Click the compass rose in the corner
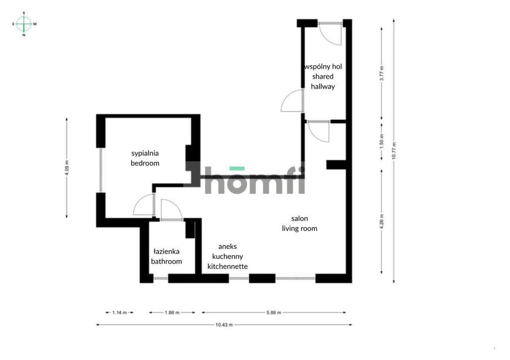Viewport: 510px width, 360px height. click(x=24, y=24)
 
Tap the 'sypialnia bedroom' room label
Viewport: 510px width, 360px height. click(x=145, y=158)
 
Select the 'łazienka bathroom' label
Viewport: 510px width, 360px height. click(x=166, y=256)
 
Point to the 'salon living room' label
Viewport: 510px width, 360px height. click(x=299, y=224)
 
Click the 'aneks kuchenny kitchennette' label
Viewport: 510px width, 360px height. click(x=228, y=256)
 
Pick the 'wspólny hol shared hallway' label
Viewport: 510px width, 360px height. click(x=323, y=76)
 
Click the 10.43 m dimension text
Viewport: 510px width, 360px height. click(x=224, y=325)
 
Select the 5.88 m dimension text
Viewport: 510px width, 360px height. click(x=274, y=313)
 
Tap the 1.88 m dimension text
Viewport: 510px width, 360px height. click(x=172, y=313)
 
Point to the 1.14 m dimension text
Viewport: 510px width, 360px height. click(x=120, y=313)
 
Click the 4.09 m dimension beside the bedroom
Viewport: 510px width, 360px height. click(x=67, y=168)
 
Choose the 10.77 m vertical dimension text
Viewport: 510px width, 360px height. click(x=394, y=150)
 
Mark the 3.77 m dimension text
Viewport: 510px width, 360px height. click(x=382, y=74)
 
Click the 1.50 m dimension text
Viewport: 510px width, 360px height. click(x=382, y=141)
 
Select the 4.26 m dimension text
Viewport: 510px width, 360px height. click(x=382, y=221)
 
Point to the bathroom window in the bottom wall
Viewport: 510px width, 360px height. click(x=161, y=278)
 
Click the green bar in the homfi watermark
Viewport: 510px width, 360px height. click(x=237, y=168)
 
